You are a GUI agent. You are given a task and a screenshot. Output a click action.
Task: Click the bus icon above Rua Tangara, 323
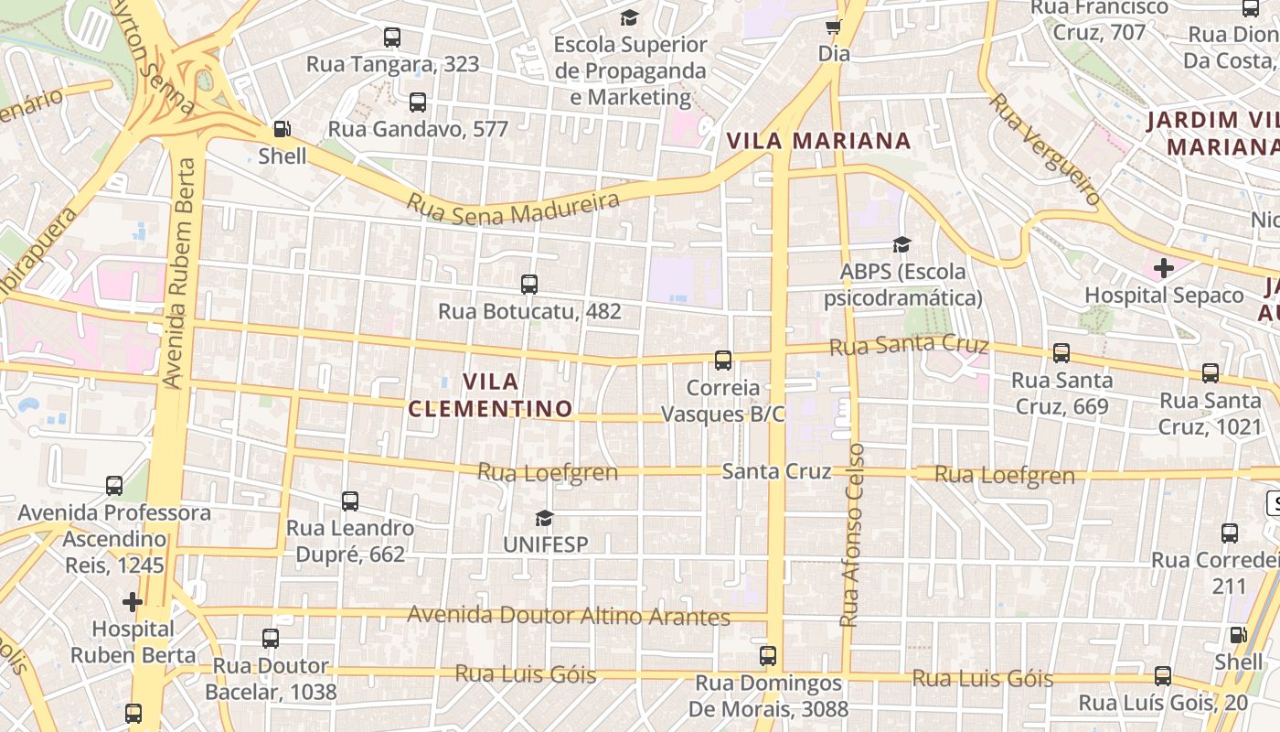pos(392,38)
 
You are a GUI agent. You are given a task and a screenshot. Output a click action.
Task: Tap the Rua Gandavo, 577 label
pos(418,129)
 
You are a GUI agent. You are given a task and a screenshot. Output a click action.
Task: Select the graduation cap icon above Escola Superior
pos(630,17)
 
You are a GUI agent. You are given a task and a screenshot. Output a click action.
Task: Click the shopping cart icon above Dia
pos(833,27)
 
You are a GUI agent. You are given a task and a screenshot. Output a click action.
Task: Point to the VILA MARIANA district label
pos(818,141)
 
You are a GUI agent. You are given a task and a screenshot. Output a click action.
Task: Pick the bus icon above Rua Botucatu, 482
pos(529,285)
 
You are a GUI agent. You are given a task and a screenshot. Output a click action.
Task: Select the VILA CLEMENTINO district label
pos(491,394)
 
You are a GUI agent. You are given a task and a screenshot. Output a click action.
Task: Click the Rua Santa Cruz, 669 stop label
pos(1061,393)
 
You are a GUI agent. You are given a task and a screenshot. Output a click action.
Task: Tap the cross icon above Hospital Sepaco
pos(1164,268)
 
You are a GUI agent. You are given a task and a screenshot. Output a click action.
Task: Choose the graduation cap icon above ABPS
pos(902,244)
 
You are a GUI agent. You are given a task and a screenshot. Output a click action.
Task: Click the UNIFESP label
pos(546,544)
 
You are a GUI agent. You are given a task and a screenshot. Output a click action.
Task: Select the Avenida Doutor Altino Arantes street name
pos(568,616)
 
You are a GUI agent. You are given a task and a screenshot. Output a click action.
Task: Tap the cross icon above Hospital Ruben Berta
pos(133,601)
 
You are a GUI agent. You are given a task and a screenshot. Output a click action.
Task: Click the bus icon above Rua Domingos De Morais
pos(768,656)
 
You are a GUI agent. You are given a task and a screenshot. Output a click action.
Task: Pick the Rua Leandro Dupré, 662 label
pos(350,541)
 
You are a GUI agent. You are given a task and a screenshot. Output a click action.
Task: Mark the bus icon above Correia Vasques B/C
pos(723,361)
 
